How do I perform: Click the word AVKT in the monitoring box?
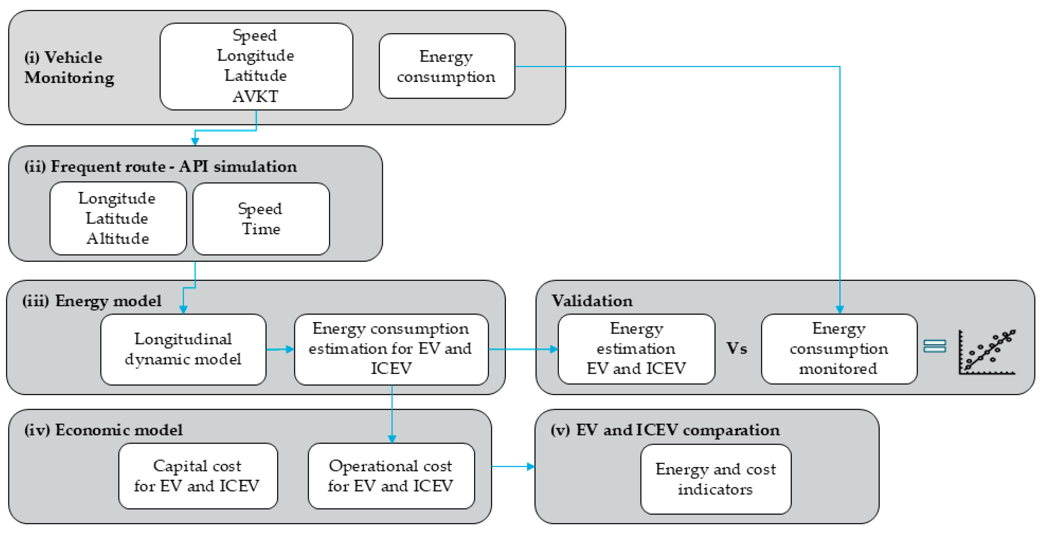pos(255,97)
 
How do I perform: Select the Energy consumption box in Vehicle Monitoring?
pos(447,66)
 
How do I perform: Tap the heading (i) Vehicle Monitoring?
pos(69,67)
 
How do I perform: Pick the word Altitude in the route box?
pos(118,239)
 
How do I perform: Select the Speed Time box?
pos(261,219)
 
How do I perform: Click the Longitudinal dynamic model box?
pos(183,349)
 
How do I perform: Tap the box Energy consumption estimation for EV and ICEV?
pos(391,349)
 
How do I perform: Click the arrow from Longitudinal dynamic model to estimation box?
pos(280,349)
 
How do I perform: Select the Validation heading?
pos(592,301)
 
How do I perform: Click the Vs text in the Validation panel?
pos(736,349)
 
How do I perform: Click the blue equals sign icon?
pos(934,346)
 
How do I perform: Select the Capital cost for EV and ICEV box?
pos(198,476)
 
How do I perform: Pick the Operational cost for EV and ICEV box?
pos(391,476)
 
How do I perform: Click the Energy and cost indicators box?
pos(715,479)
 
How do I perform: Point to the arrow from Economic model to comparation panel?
pos(513,466)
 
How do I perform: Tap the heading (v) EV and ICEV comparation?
pos(665,430)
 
